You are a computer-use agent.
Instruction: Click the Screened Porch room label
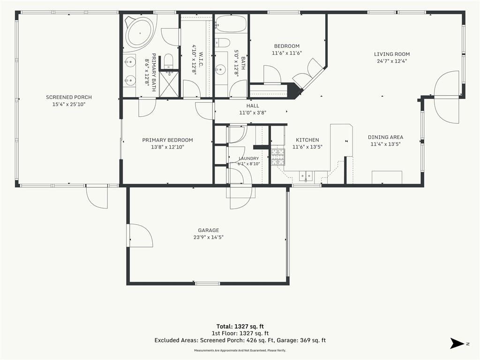[69, 97]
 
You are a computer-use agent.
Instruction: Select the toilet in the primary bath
[169, 61]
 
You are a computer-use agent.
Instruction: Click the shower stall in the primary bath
[168, 84]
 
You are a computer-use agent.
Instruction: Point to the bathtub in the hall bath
[231, 23]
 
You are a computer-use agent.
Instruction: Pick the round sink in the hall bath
[220, 70]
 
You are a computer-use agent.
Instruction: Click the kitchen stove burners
[277, 157]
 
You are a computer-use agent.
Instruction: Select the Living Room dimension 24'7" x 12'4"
[392, 61]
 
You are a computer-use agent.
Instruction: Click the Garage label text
[209, 230]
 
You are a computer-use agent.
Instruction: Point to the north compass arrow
[457, 344]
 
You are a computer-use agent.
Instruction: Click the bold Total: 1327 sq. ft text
[240, 326]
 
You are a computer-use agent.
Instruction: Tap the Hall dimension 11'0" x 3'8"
[253, 112]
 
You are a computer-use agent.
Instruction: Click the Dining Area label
[385, 137]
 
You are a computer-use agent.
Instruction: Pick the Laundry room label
[249, 158]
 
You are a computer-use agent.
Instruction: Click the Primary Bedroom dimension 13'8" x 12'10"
[167, 147]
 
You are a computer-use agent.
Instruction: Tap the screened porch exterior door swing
[97, 197]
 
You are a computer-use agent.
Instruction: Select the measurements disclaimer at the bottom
[240, 350]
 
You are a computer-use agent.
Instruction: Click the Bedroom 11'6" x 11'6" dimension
[287, 53]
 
